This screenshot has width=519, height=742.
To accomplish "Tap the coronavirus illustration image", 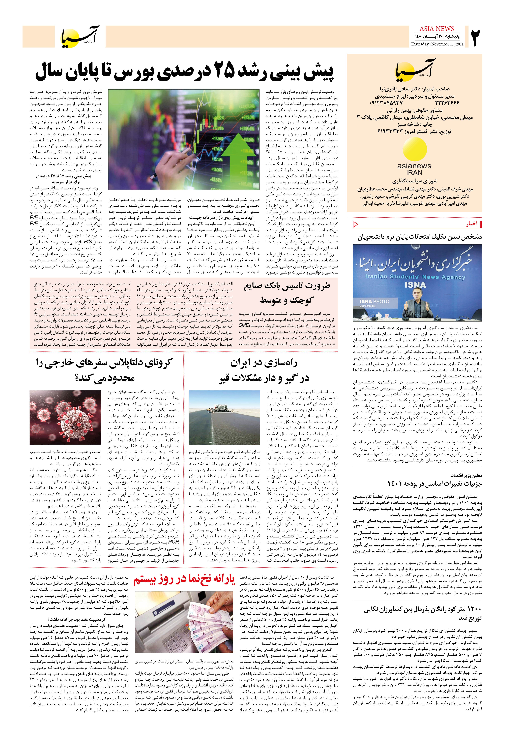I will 65,417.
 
